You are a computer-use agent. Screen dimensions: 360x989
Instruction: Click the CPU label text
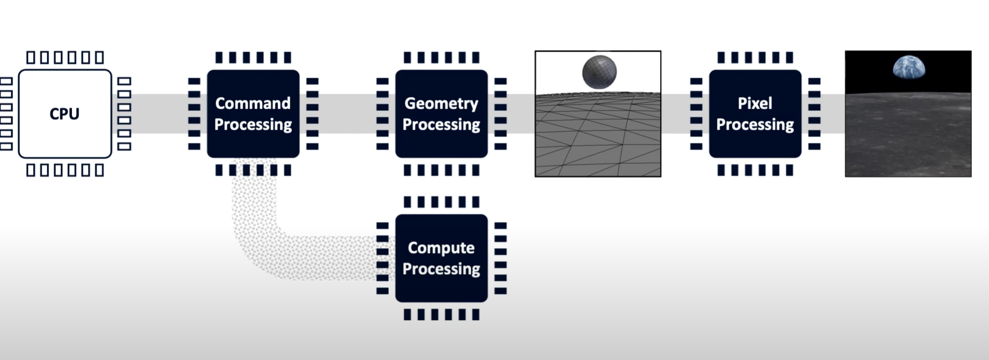point(64,114)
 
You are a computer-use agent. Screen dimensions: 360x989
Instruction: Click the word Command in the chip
point(253,104)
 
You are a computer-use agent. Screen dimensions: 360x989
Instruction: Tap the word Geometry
point(441,104)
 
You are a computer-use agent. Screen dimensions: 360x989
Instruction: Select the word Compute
point(441,248)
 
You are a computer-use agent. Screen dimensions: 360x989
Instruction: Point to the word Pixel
point(755,104)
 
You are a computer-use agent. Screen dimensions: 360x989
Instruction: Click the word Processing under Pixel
point(755,125)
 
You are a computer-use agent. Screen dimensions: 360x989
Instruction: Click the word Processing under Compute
point(441,269)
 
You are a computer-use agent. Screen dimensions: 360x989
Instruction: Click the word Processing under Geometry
point(441,125)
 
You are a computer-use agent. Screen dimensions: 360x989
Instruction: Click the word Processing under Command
point(253,125)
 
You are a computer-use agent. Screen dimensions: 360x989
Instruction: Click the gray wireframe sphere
point(599,71)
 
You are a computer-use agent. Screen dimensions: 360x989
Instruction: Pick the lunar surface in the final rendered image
point(908,138)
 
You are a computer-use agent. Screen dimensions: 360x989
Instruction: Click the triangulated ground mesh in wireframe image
point(598,138)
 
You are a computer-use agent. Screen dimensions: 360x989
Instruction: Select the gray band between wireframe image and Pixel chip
point(676,114)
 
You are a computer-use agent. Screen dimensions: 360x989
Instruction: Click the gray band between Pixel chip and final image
point(832,114)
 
